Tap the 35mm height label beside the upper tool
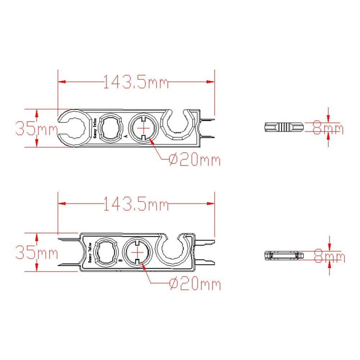pos(36,129)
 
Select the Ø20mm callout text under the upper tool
pos(194,159)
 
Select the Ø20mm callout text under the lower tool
pos(194,284)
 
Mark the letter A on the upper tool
pos(125,137)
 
